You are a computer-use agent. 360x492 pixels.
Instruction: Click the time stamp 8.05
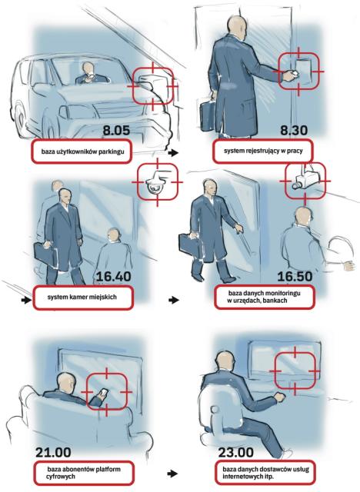(116, 131)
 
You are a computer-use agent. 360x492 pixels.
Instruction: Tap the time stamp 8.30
(294, 130)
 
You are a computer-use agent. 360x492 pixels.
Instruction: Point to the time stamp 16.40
(114, 277)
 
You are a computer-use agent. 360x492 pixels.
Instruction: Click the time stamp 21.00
(53, 452)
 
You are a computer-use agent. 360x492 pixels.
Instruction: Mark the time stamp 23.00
(235, 452)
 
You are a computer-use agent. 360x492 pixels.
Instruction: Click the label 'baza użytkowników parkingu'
(82, 151)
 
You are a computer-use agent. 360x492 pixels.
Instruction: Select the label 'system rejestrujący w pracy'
(263, 151)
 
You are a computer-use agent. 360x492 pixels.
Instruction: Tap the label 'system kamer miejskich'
(82, 297)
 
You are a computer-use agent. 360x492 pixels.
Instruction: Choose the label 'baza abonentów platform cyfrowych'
(84, 473)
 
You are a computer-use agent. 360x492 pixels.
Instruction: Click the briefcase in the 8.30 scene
(208, 115)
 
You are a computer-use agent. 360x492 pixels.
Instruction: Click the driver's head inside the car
(88, 68)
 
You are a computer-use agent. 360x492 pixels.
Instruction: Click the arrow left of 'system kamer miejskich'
(26, 301)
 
